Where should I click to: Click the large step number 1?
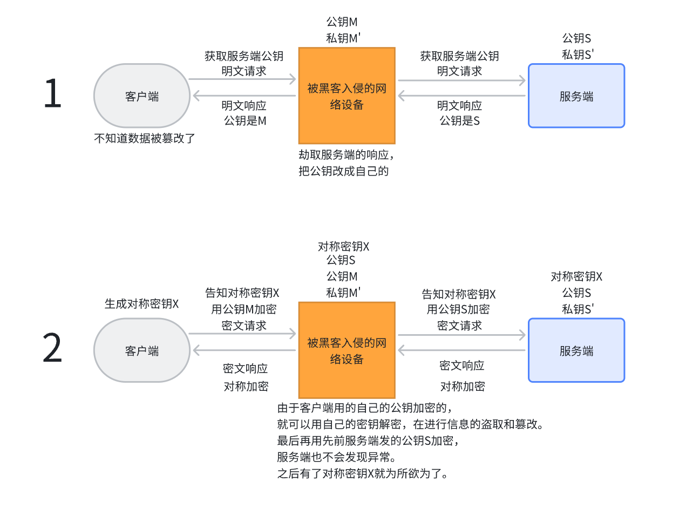(x=52, y=94)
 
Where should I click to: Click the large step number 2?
(x=52, y=349)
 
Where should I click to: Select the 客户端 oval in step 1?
(x=141, y=96)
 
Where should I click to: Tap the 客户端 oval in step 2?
(x=141, y=350)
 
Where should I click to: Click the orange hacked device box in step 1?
(x=347, y=96)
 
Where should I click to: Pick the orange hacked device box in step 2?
(x=347, y=350)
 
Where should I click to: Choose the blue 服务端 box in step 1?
(x=576, y=96)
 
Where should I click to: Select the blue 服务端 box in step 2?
(x=576, y=350)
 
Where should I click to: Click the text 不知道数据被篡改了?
(x=144, y=138)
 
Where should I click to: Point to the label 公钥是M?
(x=245, y=121)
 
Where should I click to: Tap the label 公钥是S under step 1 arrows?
(x=459, y=121)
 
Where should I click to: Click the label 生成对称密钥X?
(x=141, y=303)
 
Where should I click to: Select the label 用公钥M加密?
(x=243, y=309)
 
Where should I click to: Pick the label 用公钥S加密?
(x=458, y=309)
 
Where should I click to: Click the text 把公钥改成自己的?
(x=344, y=172)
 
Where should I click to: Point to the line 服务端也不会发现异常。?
(x=336, y=457)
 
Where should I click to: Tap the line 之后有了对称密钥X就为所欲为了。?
(x=362, y=474)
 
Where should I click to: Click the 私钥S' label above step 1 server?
(x=578, y=55)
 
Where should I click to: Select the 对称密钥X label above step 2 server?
(x=576, y=277)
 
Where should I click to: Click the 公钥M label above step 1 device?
(x=342, y=22)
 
